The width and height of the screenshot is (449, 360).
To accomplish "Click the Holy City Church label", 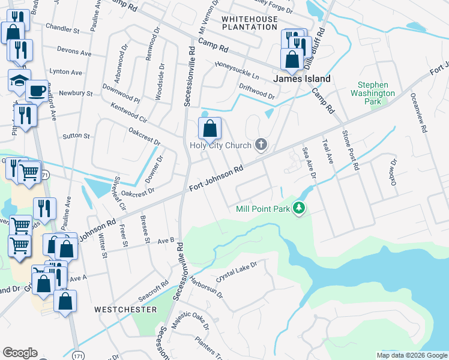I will (x=220, y=145).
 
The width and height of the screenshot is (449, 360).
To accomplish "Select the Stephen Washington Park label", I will (x=373, y=93).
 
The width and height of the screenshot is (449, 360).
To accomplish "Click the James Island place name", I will (x=302, y=79).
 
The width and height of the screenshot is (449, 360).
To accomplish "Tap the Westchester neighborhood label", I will (x=125, y=310).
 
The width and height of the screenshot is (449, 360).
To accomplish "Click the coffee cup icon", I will (x=37, y=91).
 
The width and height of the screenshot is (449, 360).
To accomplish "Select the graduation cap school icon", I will (x=19, y=80).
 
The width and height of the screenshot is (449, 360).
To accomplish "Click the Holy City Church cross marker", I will (x=261, y=144).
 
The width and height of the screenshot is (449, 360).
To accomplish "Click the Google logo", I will (x=20, y=353).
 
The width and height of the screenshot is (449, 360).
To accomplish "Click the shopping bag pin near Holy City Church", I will (x=209, y=128).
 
